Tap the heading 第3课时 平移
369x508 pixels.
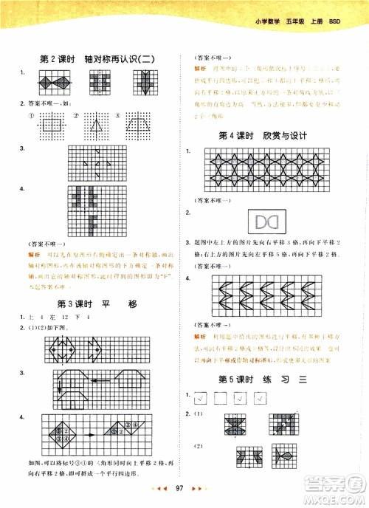98,303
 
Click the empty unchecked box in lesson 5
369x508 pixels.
220,399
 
